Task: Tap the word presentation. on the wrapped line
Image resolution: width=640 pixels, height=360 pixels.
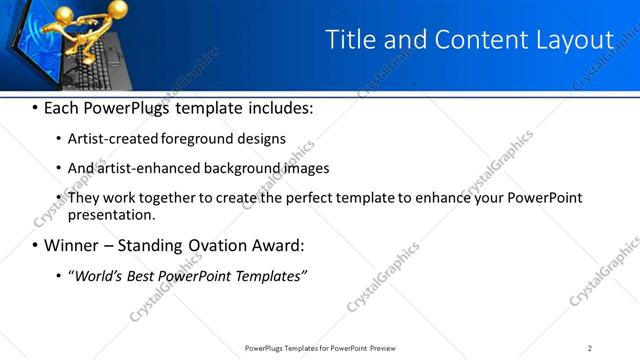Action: pos(112,214)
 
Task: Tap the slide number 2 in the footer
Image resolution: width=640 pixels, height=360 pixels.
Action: pos(590,347)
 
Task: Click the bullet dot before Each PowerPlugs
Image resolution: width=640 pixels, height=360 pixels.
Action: pos(35,108)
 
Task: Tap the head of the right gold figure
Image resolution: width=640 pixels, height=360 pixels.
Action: pos(119,9)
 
